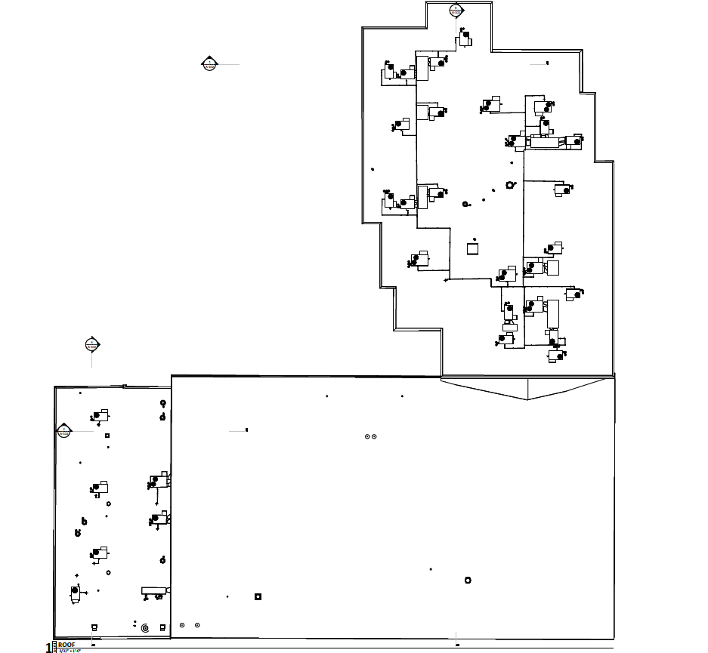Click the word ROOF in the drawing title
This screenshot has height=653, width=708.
[66, 644]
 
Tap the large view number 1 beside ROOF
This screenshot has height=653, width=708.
[50, 648]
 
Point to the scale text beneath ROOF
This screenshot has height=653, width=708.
[69, 650]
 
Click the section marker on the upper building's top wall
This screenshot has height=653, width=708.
[456, 10]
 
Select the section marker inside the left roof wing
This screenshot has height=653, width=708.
[64, 431]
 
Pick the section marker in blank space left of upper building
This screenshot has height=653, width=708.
[210, 63]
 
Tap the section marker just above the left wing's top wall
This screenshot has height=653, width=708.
[91, 345]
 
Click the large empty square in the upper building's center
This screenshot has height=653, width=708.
[473, 248]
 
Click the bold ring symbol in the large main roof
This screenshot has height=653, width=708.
[468, 580]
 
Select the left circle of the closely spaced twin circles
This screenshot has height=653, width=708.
[367, 436]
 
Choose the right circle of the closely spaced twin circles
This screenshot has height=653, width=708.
[374, 436]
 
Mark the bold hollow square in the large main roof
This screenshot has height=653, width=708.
[258, 596]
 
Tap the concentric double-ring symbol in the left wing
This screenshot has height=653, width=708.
[145, 627]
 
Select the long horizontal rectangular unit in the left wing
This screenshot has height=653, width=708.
[153, 590]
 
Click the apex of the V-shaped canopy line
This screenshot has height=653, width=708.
[527, 399]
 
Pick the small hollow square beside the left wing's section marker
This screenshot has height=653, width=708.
[107, 436]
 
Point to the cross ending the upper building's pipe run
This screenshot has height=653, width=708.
[446, 281]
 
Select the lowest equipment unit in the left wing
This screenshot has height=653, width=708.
[76, 595]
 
